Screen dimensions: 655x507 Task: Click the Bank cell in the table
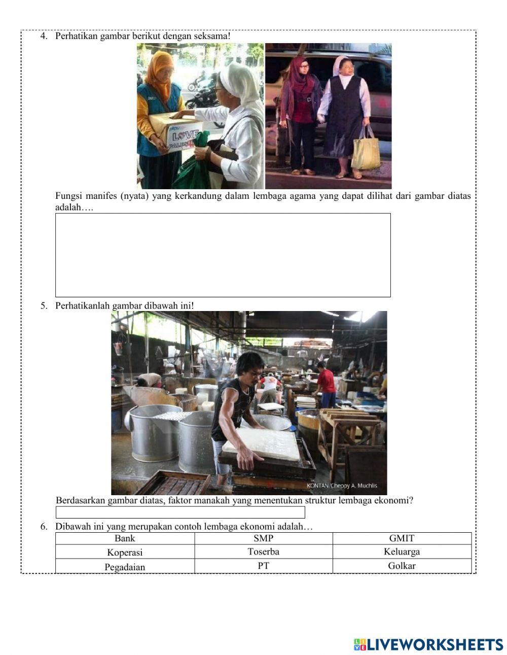click(x=125, y=538)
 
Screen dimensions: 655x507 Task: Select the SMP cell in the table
click(x=263, y=538)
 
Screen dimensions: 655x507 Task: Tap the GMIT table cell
click(x=402, y=538)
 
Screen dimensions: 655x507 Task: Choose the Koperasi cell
click(x=125, y=552)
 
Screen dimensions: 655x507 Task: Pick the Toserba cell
click(x=263, y=551)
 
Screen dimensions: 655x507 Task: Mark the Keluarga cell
click(x=402, y=551)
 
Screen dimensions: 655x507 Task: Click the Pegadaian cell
click(x=125, y=566)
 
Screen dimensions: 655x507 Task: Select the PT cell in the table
click(x=263, y=566)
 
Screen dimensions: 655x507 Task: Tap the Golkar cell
click(x=402, y=566)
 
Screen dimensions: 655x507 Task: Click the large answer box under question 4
click(x=223, y=255)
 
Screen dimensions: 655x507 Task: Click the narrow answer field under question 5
click(x=180, y=512)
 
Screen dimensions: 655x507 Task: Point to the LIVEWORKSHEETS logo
click(x=428, y=644)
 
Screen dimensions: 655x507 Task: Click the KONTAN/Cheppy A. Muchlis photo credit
click(x=342, y=486)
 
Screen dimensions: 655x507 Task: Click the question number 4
click(x=44, y=37)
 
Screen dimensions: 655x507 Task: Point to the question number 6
click(x=44, y=527)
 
